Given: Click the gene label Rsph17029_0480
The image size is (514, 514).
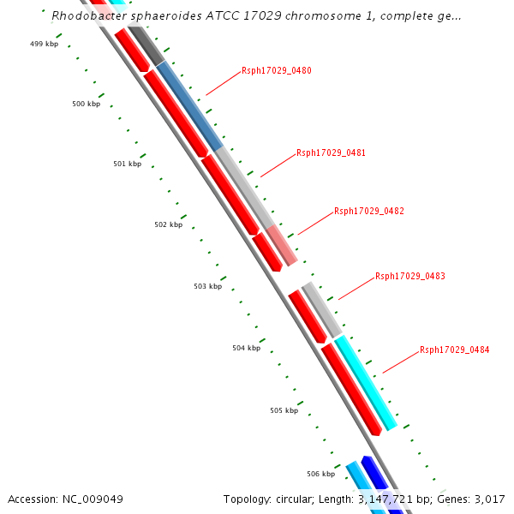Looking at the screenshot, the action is [276, 70].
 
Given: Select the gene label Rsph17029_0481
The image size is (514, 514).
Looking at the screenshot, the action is [331, 152].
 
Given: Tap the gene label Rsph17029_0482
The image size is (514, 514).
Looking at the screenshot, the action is [368, 211].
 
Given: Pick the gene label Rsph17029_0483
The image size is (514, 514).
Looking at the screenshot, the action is [409, 276].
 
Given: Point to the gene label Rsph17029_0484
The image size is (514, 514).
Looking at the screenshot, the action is [454, 350].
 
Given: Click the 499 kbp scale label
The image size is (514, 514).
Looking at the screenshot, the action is [44, 44].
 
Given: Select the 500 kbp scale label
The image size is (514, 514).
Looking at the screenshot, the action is [86, 104].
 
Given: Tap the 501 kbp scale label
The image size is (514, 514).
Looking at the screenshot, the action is [127, 164].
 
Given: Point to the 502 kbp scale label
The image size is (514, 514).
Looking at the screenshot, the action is [168, 224].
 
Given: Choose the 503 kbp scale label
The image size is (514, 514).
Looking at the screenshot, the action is [207, 286].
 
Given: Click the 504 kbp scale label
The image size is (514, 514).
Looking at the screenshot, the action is [246, 348].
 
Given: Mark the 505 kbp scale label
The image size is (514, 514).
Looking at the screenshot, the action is [284, 410].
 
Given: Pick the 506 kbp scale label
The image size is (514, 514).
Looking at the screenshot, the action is [320, 473].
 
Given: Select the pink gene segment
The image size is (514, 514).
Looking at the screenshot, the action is [282, 245].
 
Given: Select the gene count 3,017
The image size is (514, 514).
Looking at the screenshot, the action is [489, 499].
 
